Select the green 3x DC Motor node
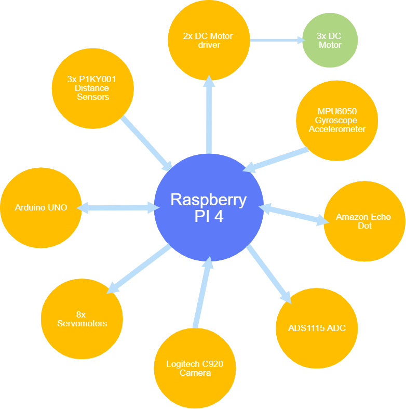pos(329,41)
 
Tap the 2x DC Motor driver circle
pos(208,41)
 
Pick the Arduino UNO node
pos(41,207)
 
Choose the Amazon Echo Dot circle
pos(364,221)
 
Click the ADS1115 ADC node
pos(316,328)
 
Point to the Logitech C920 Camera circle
pos(195,368)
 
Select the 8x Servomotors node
pos(82,319)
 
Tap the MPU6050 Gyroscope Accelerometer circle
pos(337,120)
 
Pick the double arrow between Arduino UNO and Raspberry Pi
pos(118,208)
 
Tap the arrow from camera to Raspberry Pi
pos(202,293)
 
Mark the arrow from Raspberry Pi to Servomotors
pos(139,270)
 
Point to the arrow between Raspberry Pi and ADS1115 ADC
pos(268,273)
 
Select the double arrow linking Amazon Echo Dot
pos(293,215)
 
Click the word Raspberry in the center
pos(208,200)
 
